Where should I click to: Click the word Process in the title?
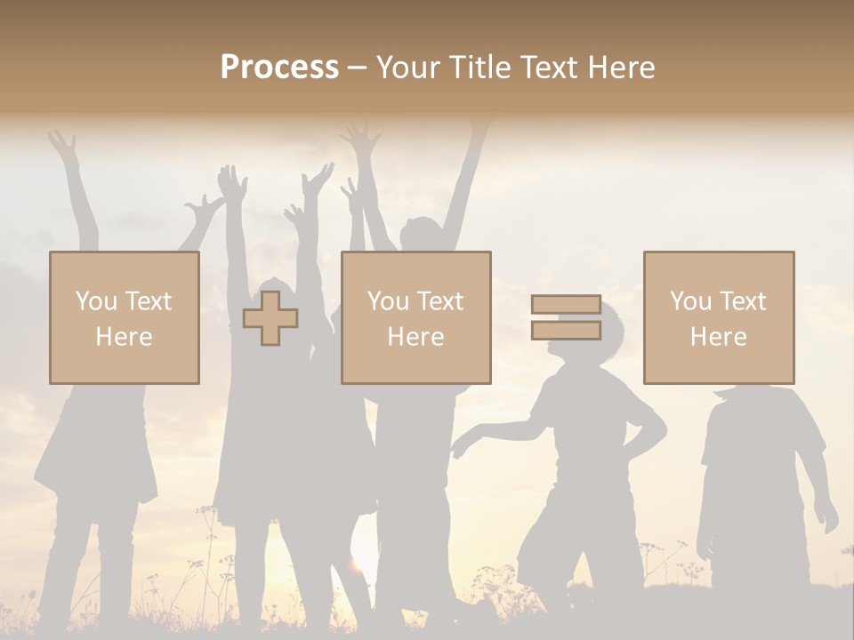(279, 68)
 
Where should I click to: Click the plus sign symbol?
(270, 318)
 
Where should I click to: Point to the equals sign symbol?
(566, 317)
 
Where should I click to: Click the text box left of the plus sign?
(125, 317)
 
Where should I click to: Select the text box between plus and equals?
(415, 317)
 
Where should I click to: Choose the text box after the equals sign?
(719, 317)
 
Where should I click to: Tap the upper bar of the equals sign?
(566, 305)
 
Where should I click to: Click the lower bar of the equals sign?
(566, 330)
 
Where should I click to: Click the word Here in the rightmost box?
(718, 337)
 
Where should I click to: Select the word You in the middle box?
(388, 301)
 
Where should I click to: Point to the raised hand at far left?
(62, 142)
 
